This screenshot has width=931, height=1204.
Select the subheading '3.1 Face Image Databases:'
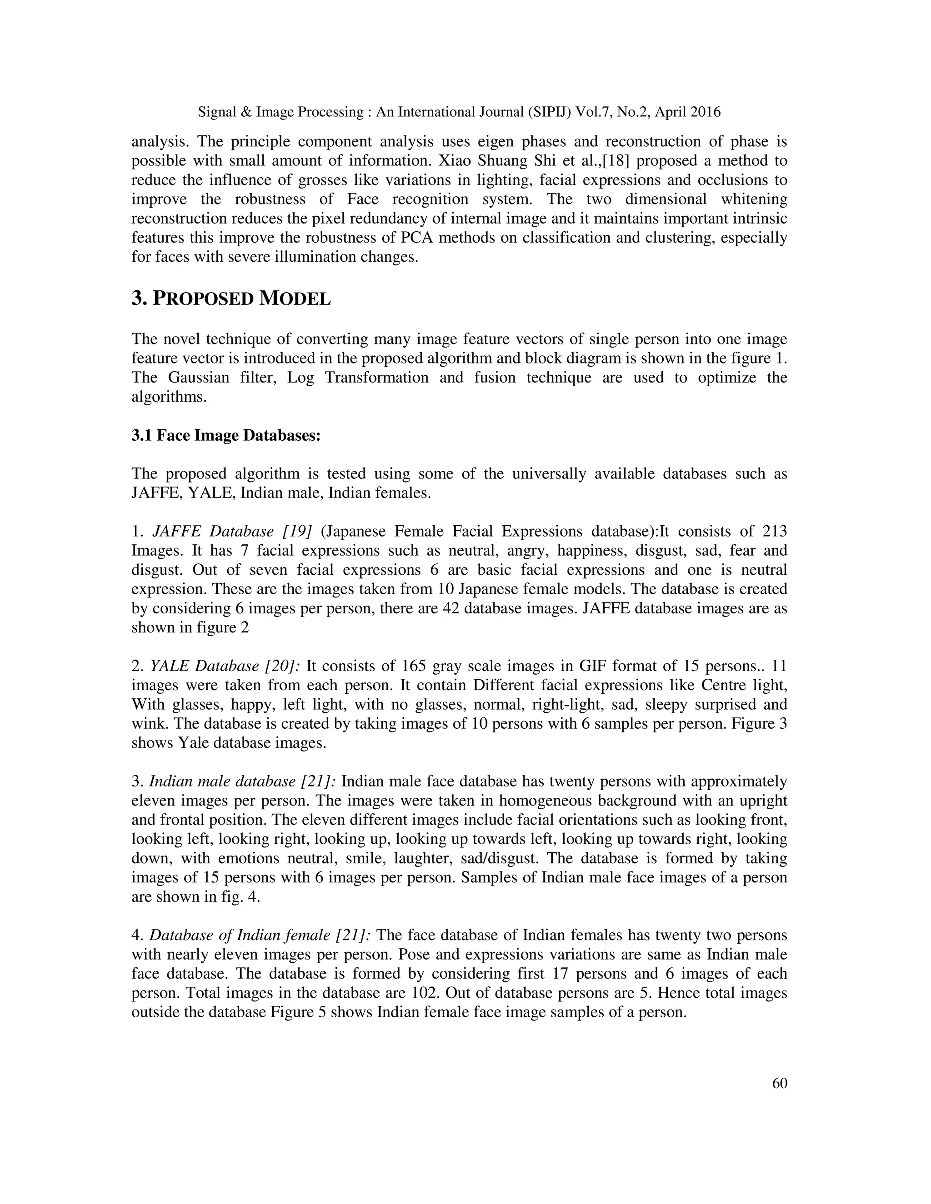[x=225, y=436]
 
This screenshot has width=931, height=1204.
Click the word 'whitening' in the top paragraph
[x=752, y=199]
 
